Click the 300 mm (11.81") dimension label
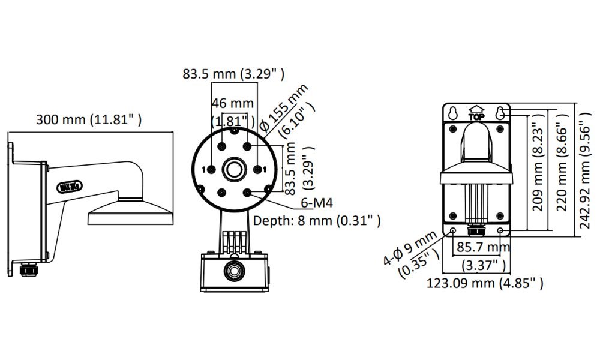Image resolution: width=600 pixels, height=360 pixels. click(89, 119)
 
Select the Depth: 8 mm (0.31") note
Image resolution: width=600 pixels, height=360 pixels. click(317, 221)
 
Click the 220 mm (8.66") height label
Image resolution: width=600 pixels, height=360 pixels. click(562, 170)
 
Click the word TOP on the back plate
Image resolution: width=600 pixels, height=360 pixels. click(477, 118)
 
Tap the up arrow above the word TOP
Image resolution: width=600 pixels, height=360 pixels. click(477, 110)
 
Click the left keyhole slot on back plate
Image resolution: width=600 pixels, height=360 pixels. click(454, 112)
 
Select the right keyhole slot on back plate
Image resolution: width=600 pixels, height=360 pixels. click(500, 112)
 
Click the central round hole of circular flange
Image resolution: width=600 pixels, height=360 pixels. click(233, 169)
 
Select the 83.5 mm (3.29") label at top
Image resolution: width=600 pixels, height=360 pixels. click(234, 74)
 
